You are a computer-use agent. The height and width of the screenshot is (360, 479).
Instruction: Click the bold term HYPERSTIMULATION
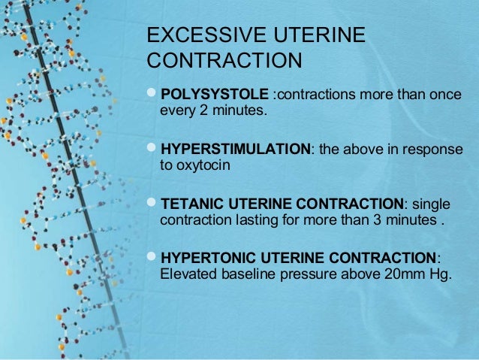(x=236, y=149)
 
